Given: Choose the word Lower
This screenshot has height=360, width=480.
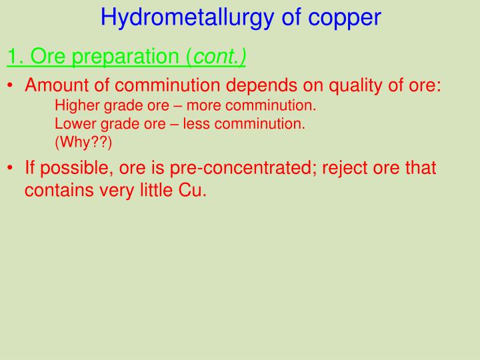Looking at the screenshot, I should click(73, 123).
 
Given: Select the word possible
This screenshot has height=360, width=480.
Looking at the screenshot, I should click(76, 168).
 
